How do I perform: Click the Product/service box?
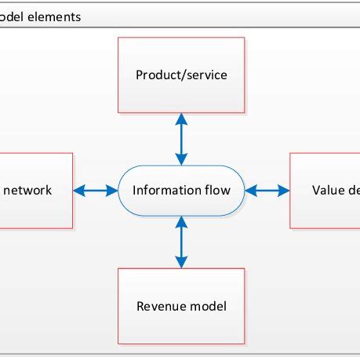181,75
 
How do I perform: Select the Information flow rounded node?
181,191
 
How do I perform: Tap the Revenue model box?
181,306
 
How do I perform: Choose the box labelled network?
35,191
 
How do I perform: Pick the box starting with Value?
325,191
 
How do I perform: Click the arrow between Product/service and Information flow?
181,139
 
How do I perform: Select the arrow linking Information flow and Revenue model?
181,242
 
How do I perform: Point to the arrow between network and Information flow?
96,191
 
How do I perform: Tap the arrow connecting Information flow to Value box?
267,191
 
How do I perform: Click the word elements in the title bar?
56,16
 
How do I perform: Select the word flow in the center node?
217,191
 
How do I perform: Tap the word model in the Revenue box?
208,306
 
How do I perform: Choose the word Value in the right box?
328,191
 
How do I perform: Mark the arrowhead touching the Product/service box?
181,118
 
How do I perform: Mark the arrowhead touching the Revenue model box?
181,262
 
